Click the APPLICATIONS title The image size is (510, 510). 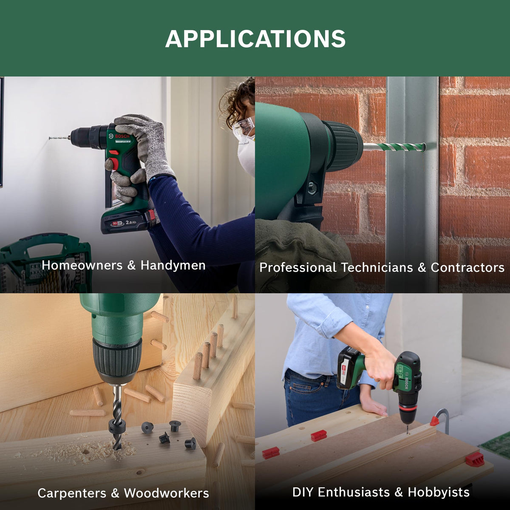[x=255, y=39]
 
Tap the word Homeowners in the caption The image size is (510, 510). [x=82, y=265]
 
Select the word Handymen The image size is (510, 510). [x=173, y=265]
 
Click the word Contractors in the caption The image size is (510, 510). [x=467, y=267]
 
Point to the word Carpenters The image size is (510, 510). [x=71, y=493]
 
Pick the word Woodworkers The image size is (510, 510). [x=167, y=493]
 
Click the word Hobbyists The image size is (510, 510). [x=439, y=492]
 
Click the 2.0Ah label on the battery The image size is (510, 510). [x=131, y=222]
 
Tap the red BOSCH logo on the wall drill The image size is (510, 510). [x=122, y=136]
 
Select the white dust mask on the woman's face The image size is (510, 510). [x=246, y=156]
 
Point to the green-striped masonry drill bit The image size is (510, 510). [x=394, y=147]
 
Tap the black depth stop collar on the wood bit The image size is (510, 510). [x=116, y=426]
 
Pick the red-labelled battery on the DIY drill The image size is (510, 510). [x=348, y=368]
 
